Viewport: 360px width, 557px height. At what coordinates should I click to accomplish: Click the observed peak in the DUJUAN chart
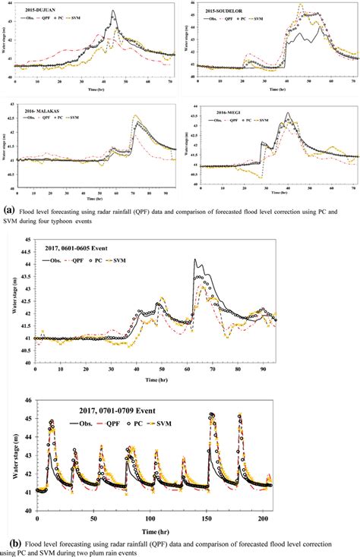tap(113, 12)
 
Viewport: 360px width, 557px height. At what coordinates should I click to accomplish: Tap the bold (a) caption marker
tap(8, 205)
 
